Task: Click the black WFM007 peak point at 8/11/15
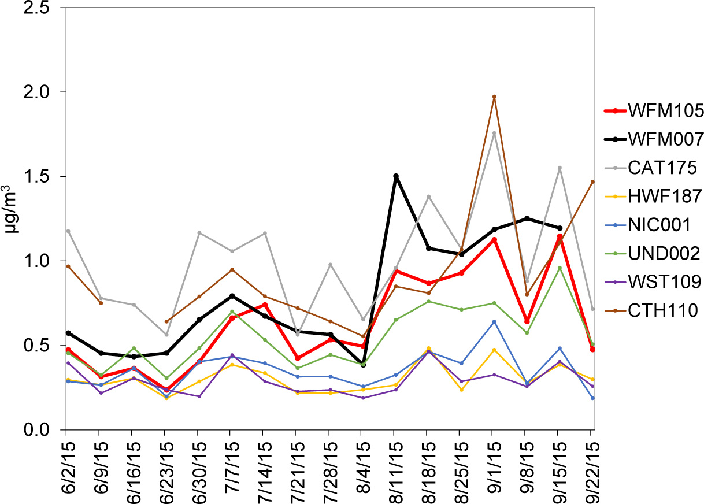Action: (x=395, y=176)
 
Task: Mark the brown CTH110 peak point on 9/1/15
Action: (x=494, y=97)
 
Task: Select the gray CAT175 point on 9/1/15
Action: (x=494, y=133)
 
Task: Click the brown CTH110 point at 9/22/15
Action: (x=592, y=181)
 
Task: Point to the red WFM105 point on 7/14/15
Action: (x=264, y=305)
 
